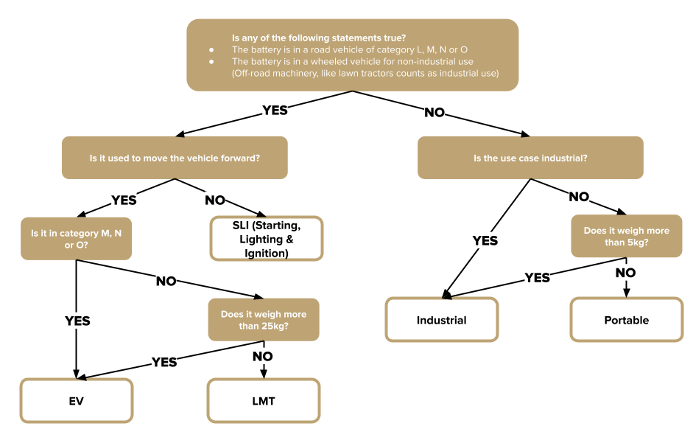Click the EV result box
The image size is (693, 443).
point(77,400)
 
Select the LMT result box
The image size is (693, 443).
point(264,400)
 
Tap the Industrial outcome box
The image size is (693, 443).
point(442,319)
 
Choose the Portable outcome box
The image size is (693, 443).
point(626,319)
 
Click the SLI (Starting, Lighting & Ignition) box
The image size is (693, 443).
point(267,239)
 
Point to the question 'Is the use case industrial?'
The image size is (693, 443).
point(530,158)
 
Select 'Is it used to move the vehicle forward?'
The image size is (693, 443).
point(175,158)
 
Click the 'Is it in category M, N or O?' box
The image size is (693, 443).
point(76,239)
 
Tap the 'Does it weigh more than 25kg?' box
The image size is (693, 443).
point(264,319)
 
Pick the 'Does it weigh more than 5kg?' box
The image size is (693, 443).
point(626,236)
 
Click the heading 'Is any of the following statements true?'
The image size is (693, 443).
point(319,38)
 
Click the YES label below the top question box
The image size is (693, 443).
point(275,110)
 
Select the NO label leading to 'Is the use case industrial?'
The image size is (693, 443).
point(435,113)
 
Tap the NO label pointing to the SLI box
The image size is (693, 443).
point(215,200)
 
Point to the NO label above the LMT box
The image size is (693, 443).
point(262,356)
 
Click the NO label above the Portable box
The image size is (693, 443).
point(625,273)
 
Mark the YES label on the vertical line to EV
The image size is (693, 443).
point(77,321)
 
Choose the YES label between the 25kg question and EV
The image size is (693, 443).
point(164,362)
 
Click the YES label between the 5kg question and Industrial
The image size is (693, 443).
point(538,277)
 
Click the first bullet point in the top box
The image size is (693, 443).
point(211,50)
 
